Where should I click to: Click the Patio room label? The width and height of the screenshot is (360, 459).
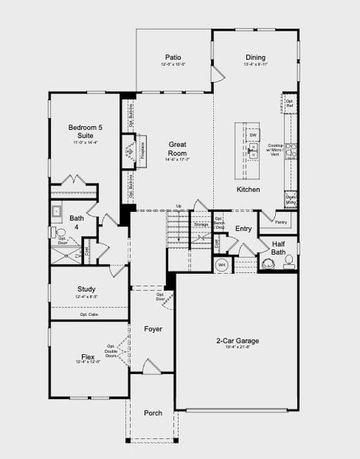[x=174, y=57]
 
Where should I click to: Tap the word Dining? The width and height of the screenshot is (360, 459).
[x=255, y=57]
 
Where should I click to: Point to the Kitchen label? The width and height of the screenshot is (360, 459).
[x=248, y=189]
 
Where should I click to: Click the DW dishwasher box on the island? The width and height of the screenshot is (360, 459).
[x=253, y=135]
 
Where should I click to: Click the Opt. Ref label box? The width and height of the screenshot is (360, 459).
[x=290, y=102]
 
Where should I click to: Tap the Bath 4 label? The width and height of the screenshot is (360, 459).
[x=76, y=222]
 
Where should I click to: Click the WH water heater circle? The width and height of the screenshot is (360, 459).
[x=222, y=265]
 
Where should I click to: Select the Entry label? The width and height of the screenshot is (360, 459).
[x=243, y=229]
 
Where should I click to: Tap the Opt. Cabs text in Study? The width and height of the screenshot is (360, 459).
[x=89, y=314]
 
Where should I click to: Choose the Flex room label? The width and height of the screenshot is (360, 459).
[x=87, y=356]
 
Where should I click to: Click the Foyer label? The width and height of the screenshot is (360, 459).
[x=153, y=329]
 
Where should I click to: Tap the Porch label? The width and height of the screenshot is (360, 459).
[x=153, y=413]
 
